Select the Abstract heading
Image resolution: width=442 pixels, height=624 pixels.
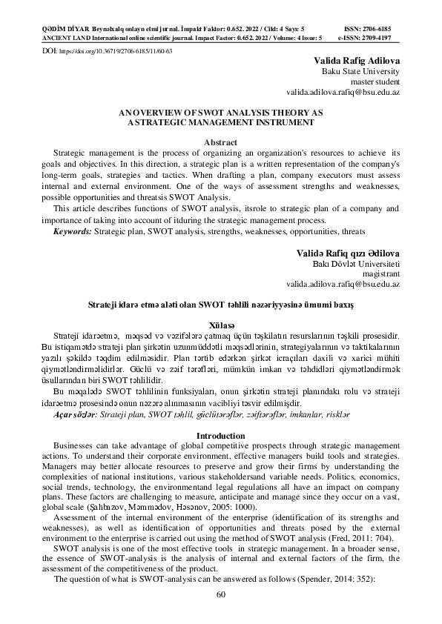coord(220,142)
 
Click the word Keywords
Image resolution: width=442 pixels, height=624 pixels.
coord(72,232)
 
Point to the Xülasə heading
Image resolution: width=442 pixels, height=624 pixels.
coord(220,325)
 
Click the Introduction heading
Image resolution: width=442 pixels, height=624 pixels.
coord(220,435)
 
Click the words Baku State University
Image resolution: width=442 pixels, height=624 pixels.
coord(360,72)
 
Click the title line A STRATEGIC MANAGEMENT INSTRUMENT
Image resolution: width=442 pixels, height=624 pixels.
coord(220,120)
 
